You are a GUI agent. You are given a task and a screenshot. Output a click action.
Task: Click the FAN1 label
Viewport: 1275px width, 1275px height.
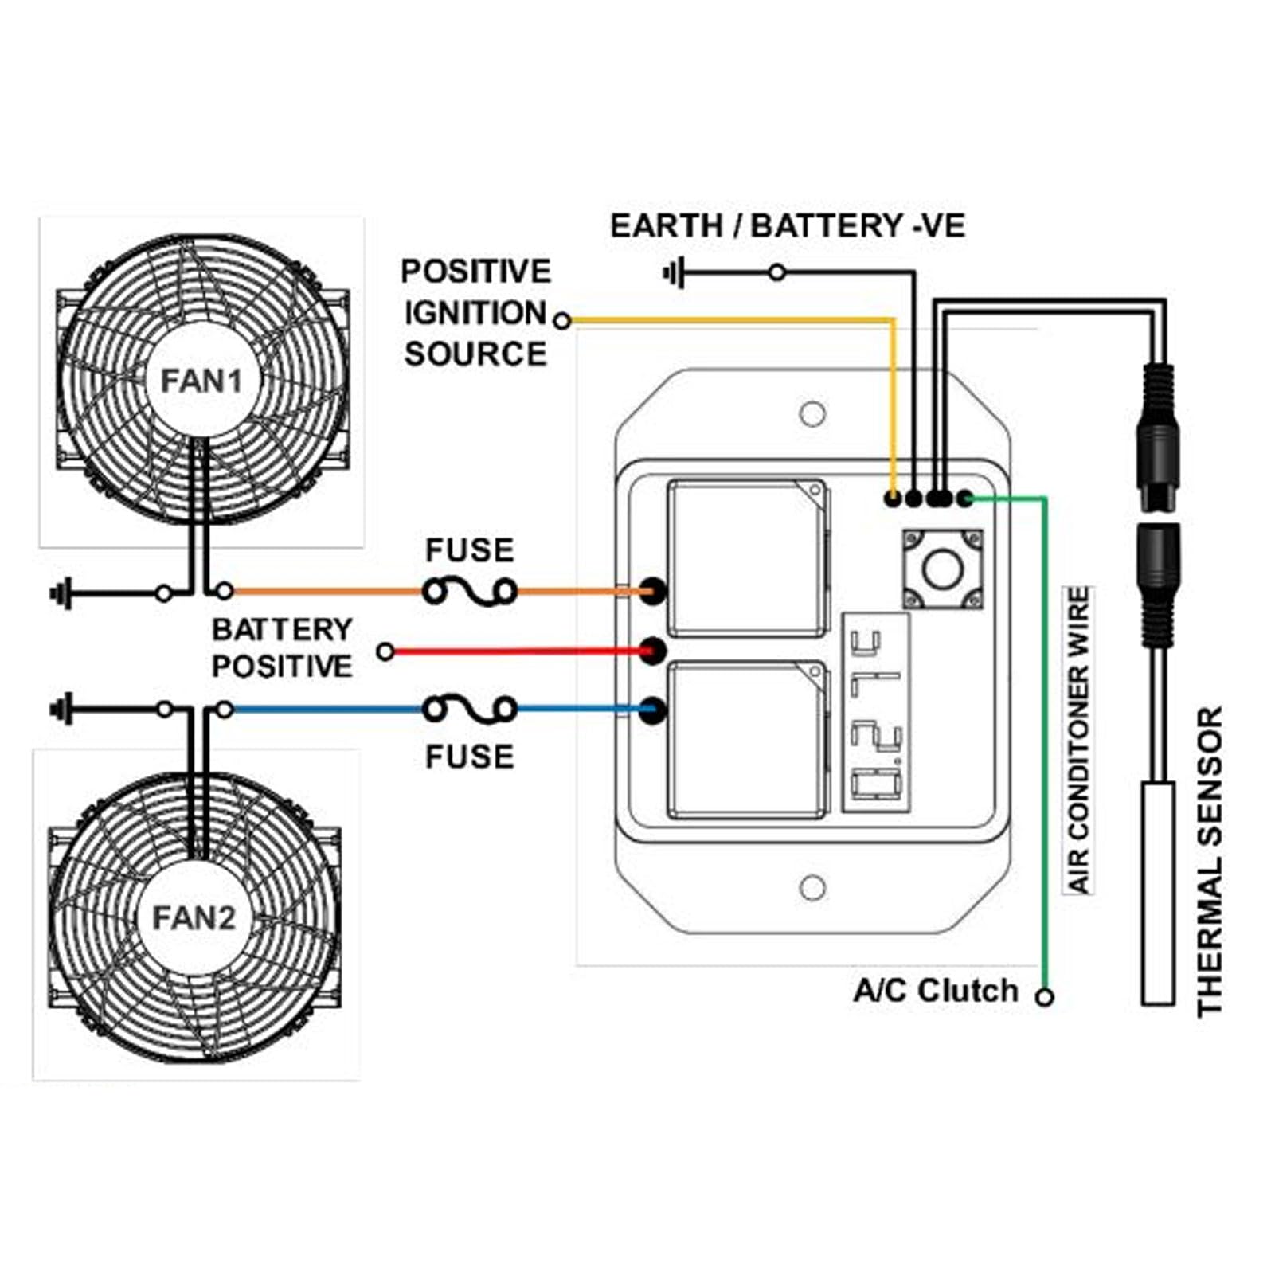(x=201, y=381)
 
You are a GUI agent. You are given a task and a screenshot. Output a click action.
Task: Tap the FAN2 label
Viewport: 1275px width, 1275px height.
(x=194, y=918)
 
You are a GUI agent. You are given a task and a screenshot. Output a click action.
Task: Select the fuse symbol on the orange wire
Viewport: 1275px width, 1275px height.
(x=469, y=592)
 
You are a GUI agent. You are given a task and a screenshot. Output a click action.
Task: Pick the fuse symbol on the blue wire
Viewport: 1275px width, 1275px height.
(x=469, y=709)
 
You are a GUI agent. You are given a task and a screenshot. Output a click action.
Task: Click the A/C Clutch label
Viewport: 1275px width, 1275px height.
(x=936, y=991)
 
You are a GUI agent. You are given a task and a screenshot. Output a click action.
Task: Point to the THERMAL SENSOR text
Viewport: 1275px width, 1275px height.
(x=1209, y=861)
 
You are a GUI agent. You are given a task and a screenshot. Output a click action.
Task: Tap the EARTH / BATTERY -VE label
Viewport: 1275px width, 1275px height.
(x=788, y=226)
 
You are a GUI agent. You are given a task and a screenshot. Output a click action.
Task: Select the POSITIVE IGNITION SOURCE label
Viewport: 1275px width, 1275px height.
(x=475, y=313)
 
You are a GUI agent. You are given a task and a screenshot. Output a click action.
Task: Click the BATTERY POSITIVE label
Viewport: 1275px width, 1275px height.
(x=282, y=647)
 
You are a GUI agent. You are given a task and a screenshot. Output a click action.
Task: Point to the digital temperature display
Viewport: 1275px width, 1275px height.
(x=875, y=713)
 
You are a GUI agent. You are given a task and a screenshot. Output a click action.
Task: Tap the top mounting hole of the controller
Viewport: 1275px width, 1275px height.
(x=812, y=414)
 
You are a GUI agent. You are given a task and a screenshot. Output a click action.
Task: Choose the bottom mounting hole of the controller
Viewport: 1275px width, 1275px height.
(x=812, y=887)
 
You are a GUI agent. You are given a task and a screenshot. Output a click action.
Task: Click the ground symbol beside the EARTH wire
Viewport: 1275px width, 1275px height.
(x=674, y=273)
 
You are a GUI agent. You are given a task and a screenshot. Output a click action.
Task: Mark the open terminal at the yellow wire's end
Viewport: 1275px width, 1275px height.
(x=562, y=321)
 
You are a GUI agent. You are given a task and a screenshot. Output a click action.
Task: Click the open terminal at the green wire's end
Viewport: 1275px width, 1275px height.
(x=1046, y=996)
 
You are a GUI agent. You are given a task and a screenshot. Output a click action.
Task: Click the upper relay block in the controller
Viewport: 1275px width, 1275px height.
(x=748, y=557)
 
